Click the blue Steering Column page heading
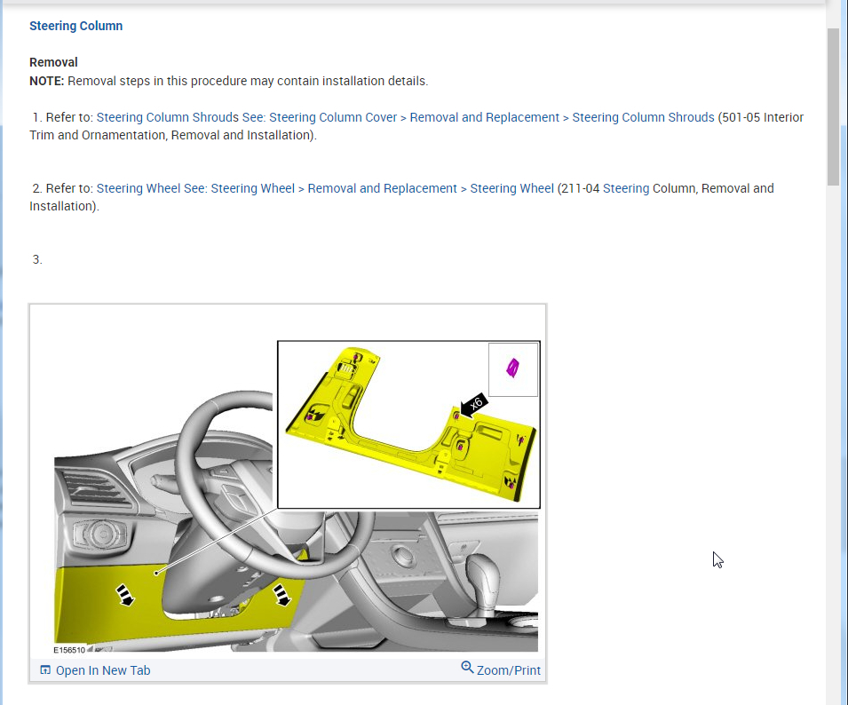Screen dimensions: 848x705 pos(75,26)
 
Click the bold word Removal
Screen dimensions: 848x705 pos(53,62)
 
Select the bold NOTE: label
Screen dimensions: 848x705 pos(46,81)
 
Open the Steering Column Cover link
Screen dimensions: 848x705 pos(333,117)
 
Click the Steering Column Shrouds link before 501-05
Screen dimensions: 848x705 pos(643,117)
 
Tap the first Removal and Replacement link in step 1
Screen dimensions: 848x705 pos(484,117)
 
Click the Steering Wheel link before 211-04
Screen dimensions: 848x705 pos(511,188)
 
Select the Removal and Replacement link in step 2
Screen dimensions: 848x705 pos(382,188)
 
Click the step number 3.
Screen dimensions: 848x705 pos(36,259)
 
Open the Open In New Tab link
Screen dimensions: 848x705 pos(95,670)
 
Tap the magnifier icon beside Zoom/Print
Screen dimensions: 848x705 pos(467,667)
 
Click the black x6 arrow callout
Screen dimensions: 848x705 pos(473,405)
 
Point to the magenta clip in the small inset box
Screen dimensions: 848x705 pos(512,368)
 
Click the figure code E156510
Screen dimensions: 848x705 pos(69,650)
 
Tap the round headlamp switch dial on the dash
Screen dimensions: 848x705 pos(101,535)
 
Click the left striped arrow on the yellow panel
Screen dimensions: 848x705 pos(125,595)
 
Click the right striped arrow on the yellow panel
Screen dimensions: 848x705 pos(281,595)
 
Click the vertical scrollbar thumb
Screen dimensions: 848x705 pos(833,107)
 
